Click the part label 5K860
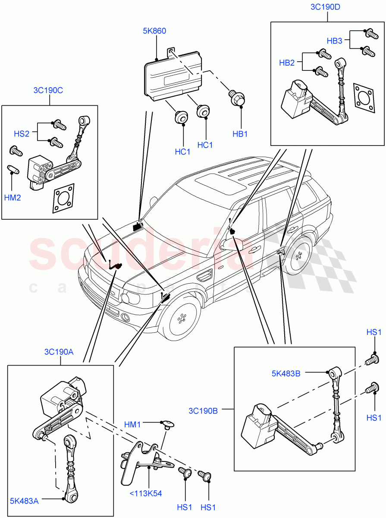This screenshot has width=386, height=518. [154, 31]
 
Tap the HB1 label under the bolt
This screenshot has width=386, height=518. [240, 134]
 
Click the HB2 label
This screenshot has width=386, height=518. [287, 63]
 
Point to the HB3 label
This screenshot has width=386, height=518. [334, 41]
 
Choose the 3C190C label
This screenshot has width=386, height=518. [48, 91]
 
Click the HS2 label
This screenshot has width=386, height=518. [22, 134]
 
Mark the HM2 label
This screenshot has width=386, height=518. [13, 198]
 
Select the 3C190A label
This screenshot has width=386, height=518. [59, 352]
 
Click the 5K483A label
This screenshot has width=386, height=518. [24, 501]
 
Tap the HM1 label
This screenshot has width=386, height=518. [132, 425]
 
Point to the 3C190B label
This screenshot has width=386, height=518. [203, 411]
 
